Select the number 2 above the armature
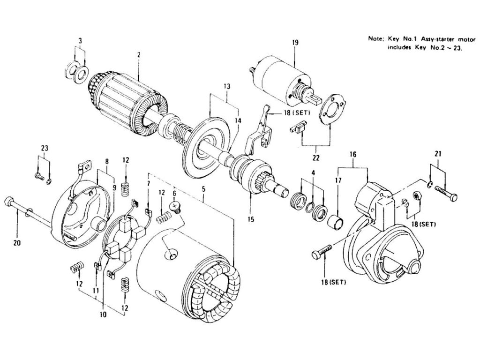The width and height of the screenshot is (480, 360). [x=139, y=55]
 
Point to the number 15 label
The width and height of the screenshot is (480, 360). [x=251, y=219]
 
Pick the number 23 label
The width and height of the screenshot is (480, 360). [x=44, y=148]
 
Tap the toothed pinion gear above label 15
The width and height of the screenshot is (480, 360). [x=262, y=180]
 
